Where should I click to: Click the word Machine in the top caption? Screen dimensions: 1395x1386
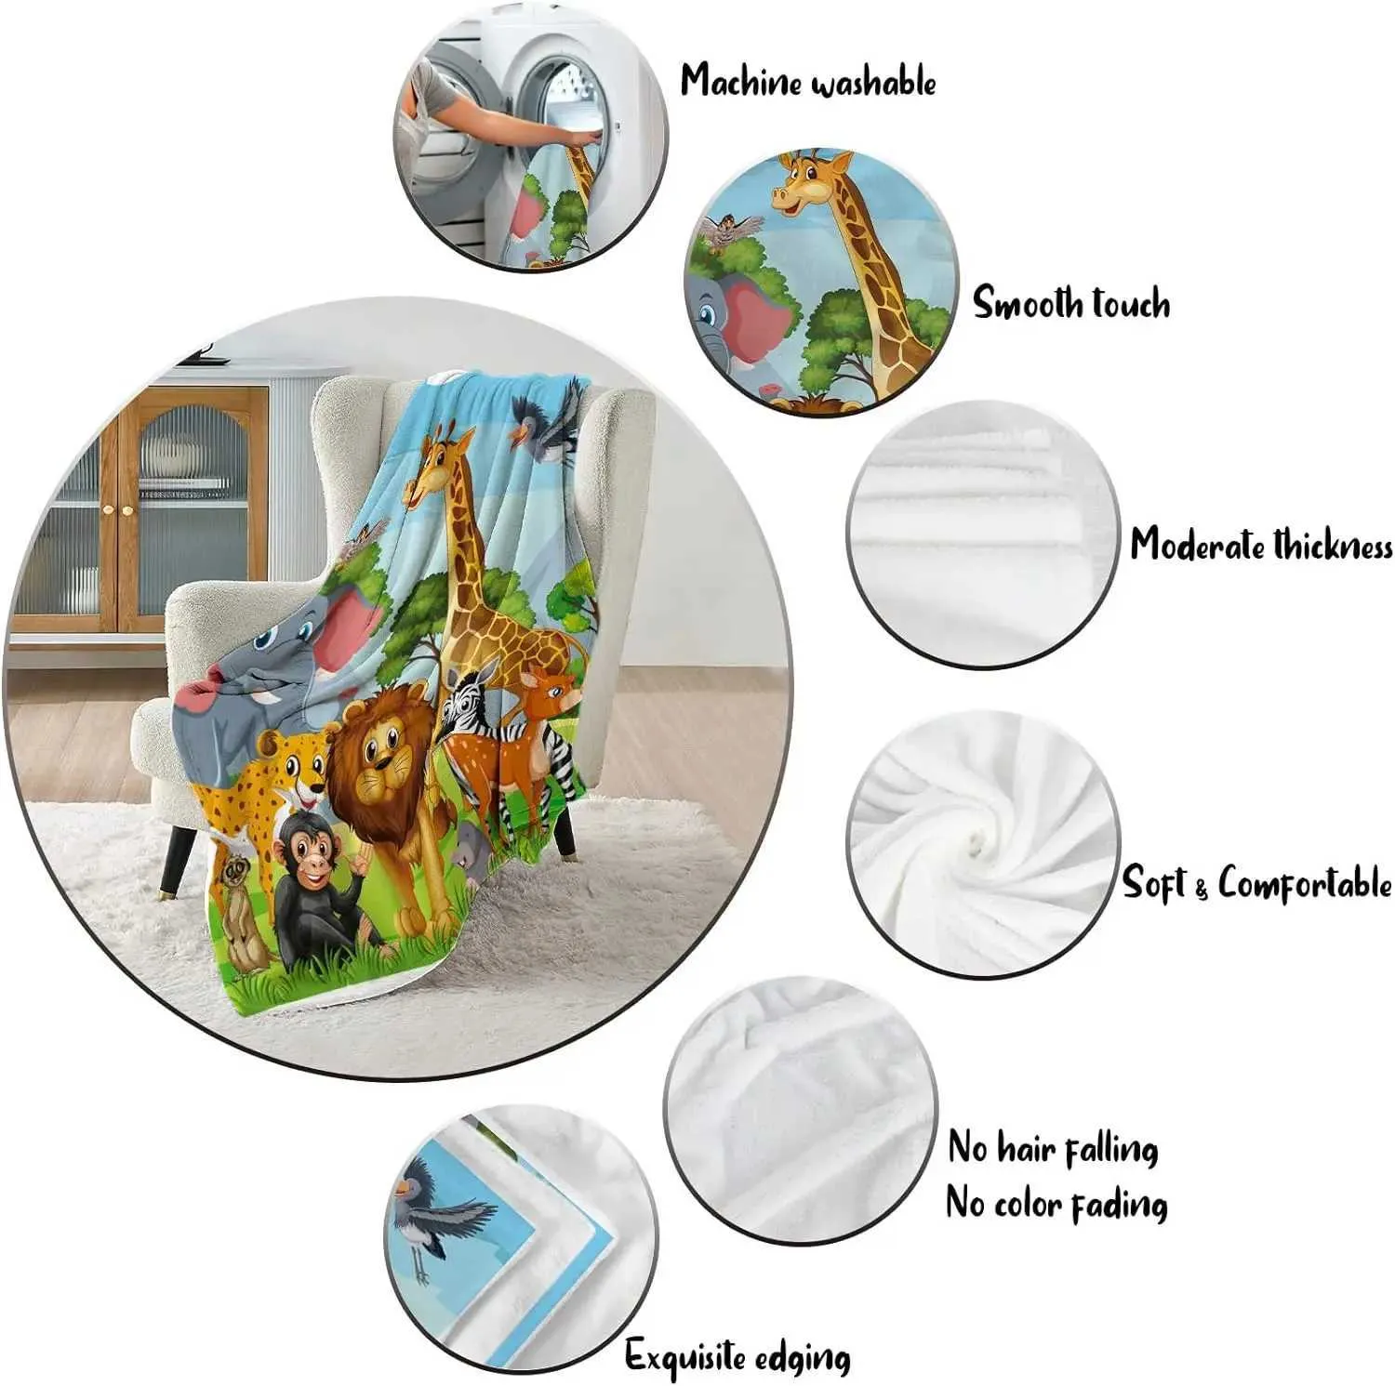tap(741, 81)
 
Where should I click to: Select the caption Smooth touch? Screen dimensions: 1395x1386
tap(1071, 303)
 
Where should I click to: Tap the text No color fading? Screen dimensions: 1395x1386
tap(1056, 1205)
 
